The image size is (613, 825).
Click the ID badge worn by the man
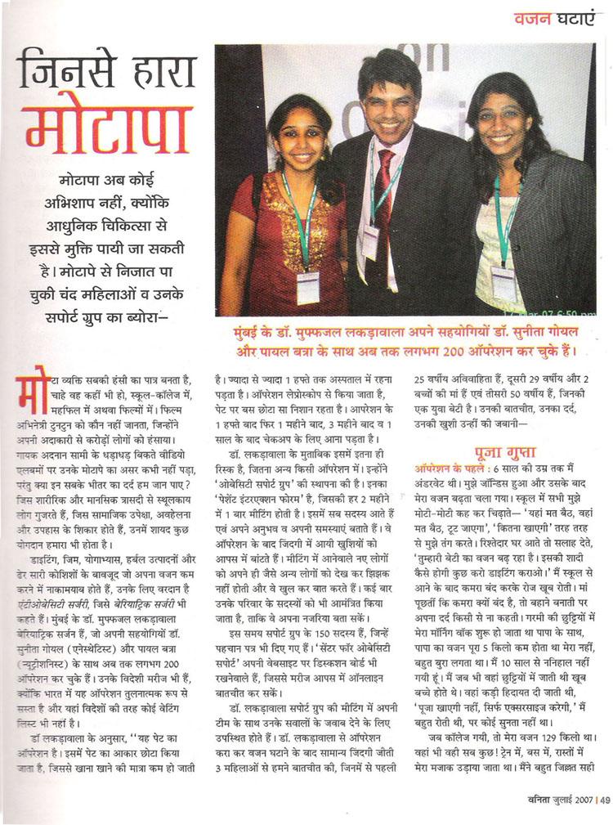click(x=371, y=242)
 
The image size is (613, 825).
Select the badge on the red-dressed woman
click(x=308, y=287)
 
